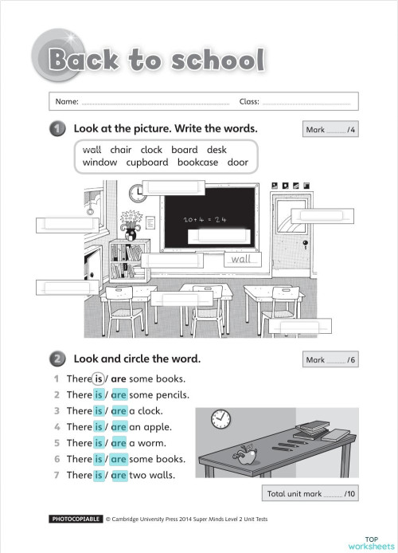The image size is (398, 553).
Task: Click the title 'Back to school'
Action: (x=155, y=60)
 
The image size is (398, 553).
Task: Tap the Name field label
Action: (x=66, y=102)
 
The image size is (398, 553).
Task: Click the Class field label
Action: (x=249, y=102)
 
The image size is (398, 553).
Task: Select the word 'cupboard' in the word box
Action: (x=146, y=163)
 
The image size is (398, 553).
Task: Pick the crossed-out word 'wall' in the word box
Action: (x=92, y=149)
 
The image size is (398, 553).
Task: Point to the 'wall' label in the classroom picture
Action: (x=240, y=259)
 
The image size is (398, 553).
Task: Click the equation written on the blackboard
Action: (x=205, y=218)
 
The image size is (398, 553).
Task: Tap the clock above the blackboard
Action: (x=136, y=192)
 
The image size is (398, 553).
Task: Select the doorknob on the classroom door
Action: (x=304, y=243)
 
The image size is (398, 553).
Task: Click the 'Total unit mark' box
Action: (x=312, y=494)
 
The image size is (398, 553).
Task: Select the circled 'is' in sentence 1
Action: (x=98, y=378)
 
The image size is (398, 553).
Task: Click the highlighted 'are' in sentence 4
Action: (x=119, y=427)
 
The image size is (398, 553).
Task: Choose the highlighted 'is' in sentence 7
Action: (x=99, y=475)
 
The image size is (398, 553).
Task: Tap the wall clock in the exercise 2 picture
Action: (x=220, y=418)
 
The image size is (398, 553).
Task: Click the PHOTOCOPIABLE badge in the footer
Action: (x=76, y=519)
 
